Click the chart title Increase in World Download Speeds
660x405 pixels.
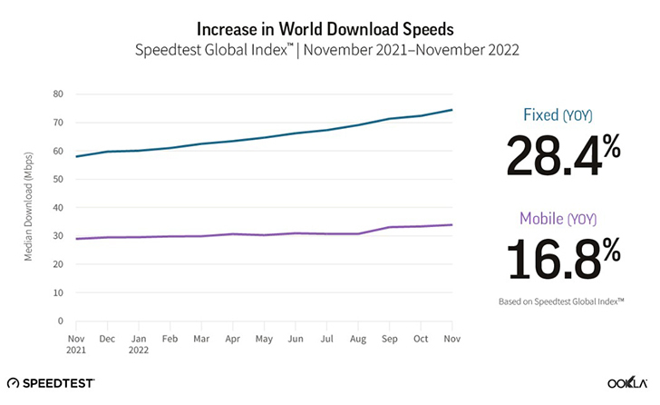tap(330, 19)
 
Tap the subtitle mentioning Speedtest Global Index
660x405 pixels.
tap(330, 43)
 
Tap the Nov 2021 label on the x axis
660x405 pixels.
tap(77, 342)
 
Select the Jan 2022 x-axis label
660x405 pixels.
tap(140, 342)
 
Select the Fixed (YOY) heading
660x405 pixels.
tap(563, 116)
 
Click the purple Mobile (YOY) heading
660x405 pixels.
tap(563, 218)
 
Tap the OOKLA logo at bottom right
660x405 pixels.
tap(625, 383)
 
